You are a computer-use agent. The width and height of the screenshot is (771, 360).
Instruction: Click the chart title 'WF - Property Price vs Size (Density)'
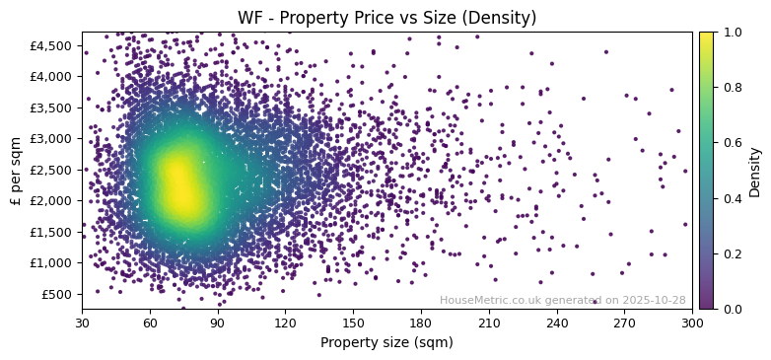point(386,18)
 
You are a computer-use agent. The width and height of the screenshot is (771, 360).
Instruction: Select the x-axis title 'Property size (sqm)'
point(386,343)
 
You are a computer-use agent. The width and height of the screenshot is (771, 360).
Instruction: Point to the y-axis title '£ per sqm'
point(16,171)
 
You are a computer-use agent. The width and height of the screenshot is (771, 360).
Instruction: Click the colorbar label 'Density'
point(755,171)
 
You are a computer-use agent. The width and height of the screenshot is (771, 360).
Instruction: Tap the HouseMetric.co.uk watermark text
point(562,300)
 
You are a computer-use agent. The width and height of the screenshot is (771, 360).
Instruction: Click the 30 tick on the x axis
point(82,323)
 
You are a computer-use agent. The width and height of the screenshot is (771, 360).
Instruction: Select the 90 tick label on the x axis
point(218,323)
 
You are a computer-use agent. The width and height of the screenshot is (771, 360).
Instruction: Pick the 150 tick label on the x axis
point(353,323)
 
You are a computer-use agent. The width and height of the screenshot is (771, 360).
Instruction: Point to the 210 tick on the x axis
point(489,323)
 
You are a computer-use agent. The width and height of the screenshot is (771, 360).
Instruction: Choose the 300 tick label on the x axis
point(692,323)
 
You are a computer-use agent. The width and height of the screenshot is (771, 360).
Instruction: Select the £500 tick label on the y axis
point(55,294)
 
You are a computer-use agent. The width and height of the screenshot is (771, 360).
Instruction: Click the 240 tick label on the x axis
point(557,323)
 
